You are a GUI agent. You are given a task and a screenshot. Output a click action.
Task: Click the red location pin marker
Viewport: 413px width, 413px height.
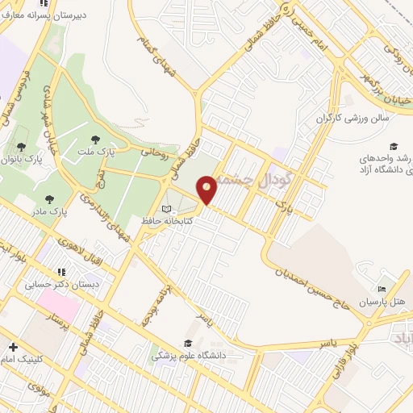point(207,190)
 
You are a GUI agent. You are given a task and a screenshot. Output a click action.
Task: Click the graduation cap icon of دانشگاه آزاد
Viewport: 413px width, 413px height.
point(394,147)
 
